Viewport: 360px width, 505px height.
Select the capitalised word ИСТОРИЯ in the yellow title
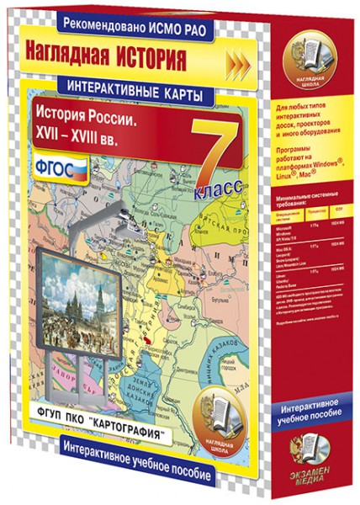157,61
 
